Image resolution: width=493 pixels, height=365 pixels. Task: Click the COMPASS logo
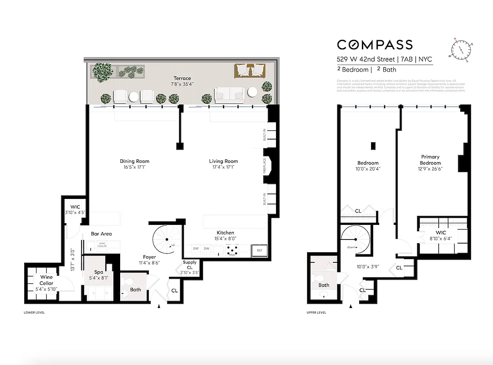pyautogui.click(x=375, y=44)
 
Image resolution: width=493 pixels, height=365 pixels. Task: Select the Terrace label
pyautogui.click(x=182, y=78)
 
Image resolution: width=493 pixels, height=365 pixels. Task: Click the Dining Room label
pyautogui.click(x=134, y=161)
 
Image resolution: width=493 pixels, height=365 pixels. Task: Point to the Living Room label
pyautogui.click(x=223, y=161)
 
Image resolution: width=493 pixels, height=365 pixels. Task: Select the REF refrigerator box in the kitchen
pyautogui.click(x=260, y=250)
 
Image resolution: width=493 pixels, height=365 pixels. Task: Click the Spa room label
pyautogui.click(x=99, y=272)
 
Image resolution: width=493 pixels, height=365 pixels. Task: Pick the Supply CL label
pyautogui.click(x=190, y=265)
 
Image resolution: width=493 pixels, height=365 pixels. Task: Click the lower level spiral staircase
pyautogui.click(x=166, y=240)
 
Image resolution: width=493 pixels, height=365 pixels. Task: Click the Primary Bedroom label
pyautogui.click(x=430, y=160)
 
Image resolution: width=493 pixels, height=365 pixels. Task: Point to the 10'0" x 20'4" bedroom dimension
pyautogui.click(x=368, y=169)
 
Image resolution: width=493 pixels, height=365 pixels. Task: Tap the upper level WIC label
pyautogui.click(x=440, y=233)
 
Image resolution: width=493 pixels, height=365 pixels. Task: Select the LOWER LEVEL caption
pyautogui.click(x=34, y=313)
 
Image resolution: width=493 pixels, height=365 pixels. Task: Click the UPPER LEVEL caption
pyautogui.click(x=316, y=313)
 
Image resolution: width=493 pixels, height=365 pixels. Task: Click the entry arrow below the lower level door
pyautogui.click(x=159, y=307)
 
